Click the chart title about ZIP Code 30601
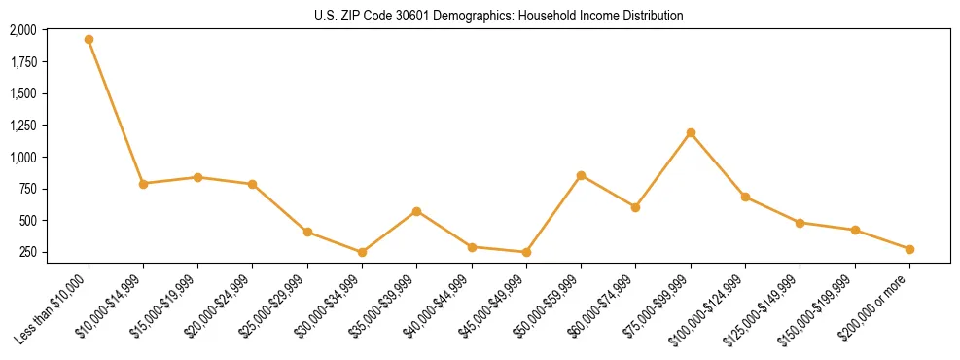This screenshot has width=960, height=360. pyautogui.click(x=499, y=17)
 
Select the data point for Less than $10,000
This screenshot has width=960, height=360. pyautogui.click(x=89, y=40)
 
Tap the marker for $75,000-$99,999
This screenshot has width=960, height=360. pyautogui.click(x=691, y=132)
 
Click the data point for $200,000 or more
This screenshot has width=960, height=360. pyautogui.click(x=909, y=249)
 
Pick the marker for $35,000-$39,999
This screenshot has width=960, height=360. pyautogui.click(x=417, y=211)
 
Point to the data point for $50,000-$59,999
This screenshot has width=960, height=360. pyautogui.click(x=581, y=175)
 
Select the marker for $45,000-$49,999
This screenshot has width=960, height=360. pyautogui.click(x=526, y=252)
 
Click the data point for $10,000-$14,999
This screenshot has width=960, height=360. pyautogui.click(x=143, y=183)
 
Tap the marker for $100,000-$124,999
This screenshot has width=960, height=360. pyautogui.click(x=745, y=197)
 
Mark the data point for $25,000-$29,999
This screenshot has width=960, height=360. pyautogui.click(x=307, y=232)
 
